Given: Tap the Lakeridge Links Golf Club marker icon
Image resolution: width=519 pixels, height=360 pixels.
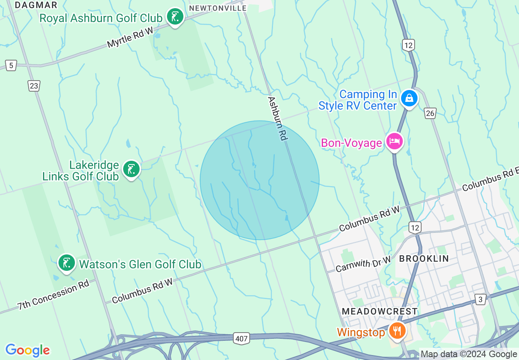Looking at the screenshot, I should pos(131,169).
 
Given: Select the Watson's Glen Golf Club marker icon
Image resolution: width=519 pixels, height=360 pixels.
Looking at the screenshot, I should pos(66,263).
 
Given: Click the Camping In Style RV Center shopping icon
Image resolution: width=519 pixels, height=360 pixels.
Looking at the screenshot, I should pos(408,98).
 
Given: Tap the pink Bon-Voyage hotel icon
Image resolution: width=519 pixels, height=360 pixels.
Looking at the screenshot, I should pos(395,142).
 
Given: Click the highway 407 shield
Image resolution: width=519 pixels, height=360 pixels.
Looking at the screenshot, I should pos(241,338).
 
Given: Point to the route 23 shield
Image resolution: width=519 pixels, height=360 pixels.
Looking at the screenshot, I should pos(34,85).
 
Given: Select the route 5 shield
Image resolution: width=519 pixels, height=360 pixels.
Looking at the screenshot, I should pos(11,65).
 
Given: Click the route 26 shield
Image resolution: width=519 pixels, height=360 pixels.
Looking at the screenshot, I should pos(430,113).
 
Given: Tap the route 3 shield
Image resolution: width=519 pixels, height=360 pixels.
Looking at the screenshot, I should pos(480,299).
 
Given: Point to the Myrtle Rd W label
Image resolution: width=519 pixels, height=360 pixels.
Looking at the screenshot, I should pos(130,37).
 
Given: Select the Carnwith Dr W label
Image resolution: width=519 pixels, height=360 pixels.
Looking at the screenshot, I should pos(363,263).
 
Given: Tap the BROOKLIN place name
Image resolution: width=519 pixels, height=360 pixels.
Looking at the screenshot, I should pos(424,259).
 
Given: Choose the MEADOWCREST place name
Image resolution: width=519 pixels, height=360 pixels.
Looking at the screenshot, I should pos(379,311).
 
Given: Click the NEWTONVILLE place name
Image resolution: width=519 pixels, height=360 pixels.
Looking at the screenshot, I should pos(218,8).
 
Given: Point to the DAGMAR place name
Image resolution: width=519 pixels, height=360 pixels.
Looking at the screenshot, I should pos(36,5).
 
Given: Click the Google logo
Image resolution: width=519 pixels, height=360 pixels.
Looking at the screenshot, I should pos(27,350).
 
